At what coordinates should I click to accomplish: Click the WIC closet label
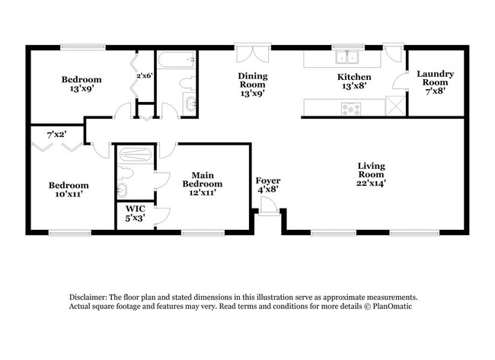pyautogui.click(x=133, y=208)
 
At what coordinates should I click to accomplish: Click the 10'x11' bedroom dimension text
pyautogui.click(x=69, y=195)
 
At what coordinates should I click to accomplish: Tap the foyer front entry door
pyautogui.click(x=267, y=205)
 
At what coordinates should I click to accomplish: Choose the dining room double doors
pyautogui.click(x=251, y=55)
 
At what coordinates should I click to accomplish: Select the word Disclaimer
pyautogui.click(x=85, y=297)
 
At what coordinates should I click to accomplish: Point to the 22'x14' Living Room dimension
pyautogui.click(x=372, y=183)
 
